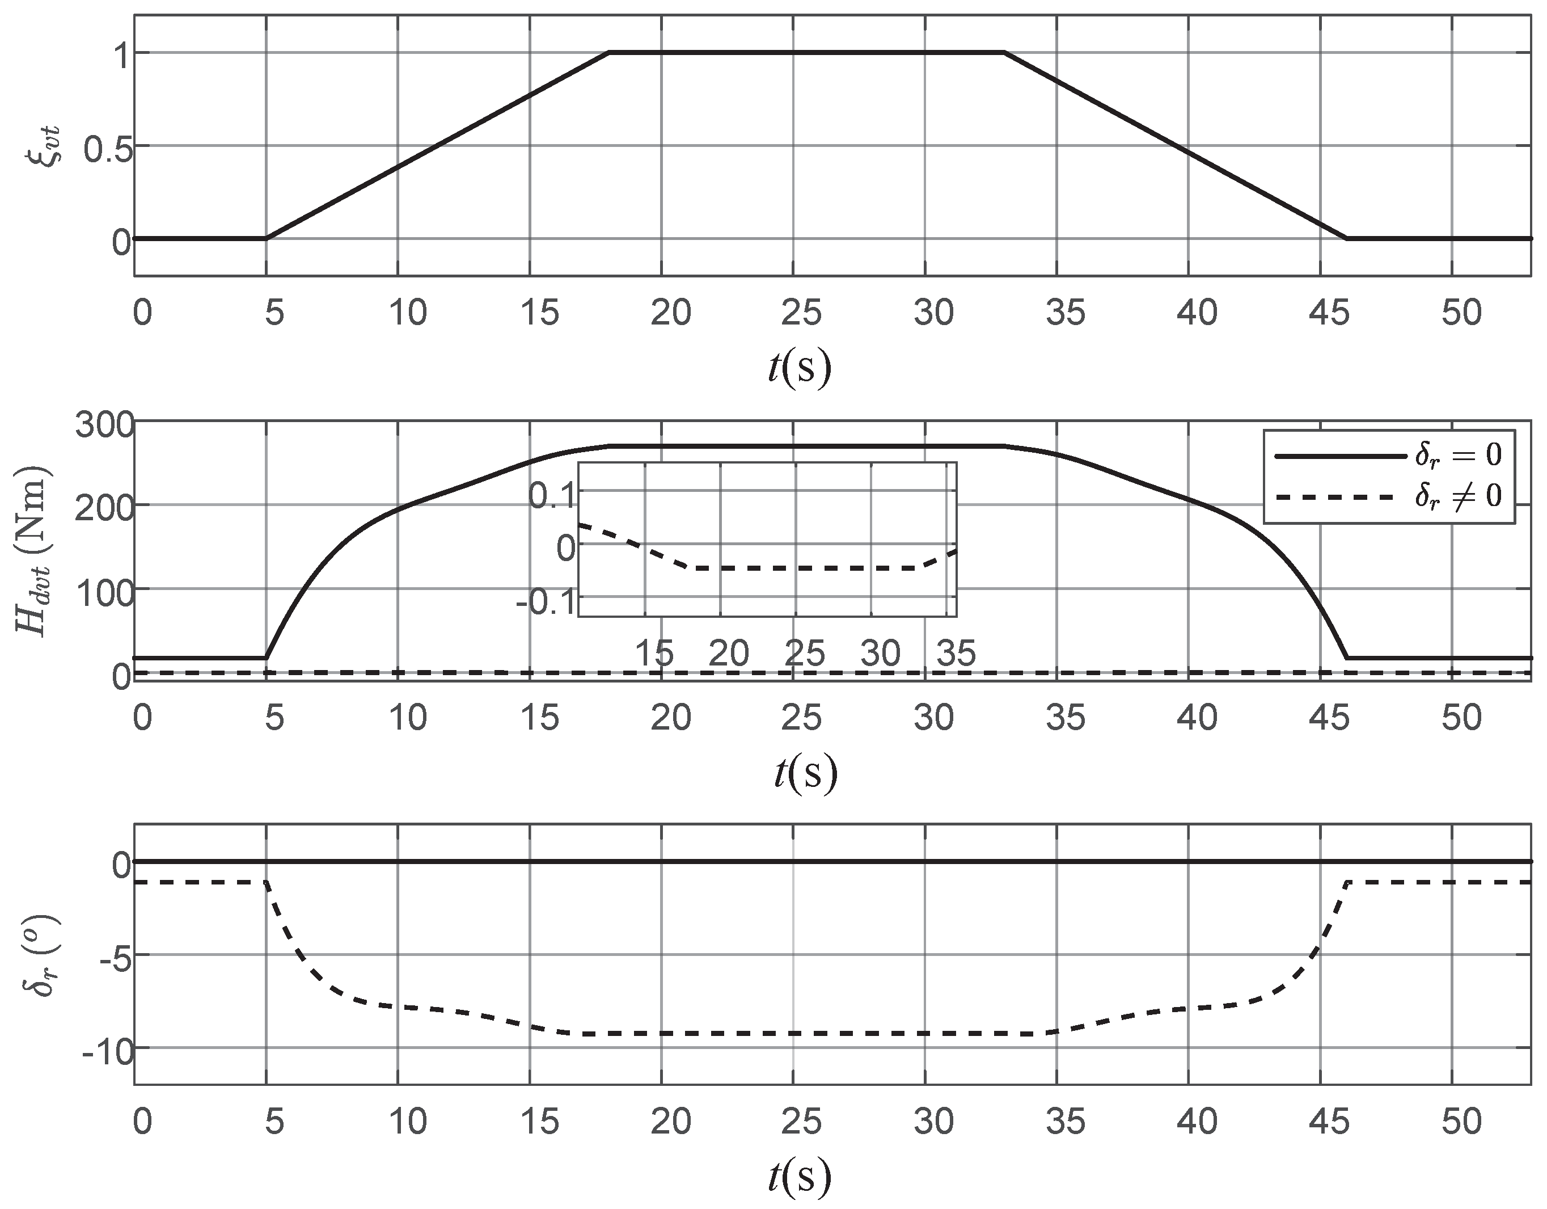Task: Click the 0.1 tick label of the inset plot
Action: coord(552,495)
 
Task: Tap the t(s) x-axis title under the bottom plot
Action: coord(800,1177)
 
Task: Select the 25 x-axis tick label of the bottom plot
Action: coord(801,1122)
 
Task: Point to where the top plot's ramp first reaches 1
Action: coord(610,52)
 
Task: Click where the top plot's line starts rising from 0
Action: coord(267,239)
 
